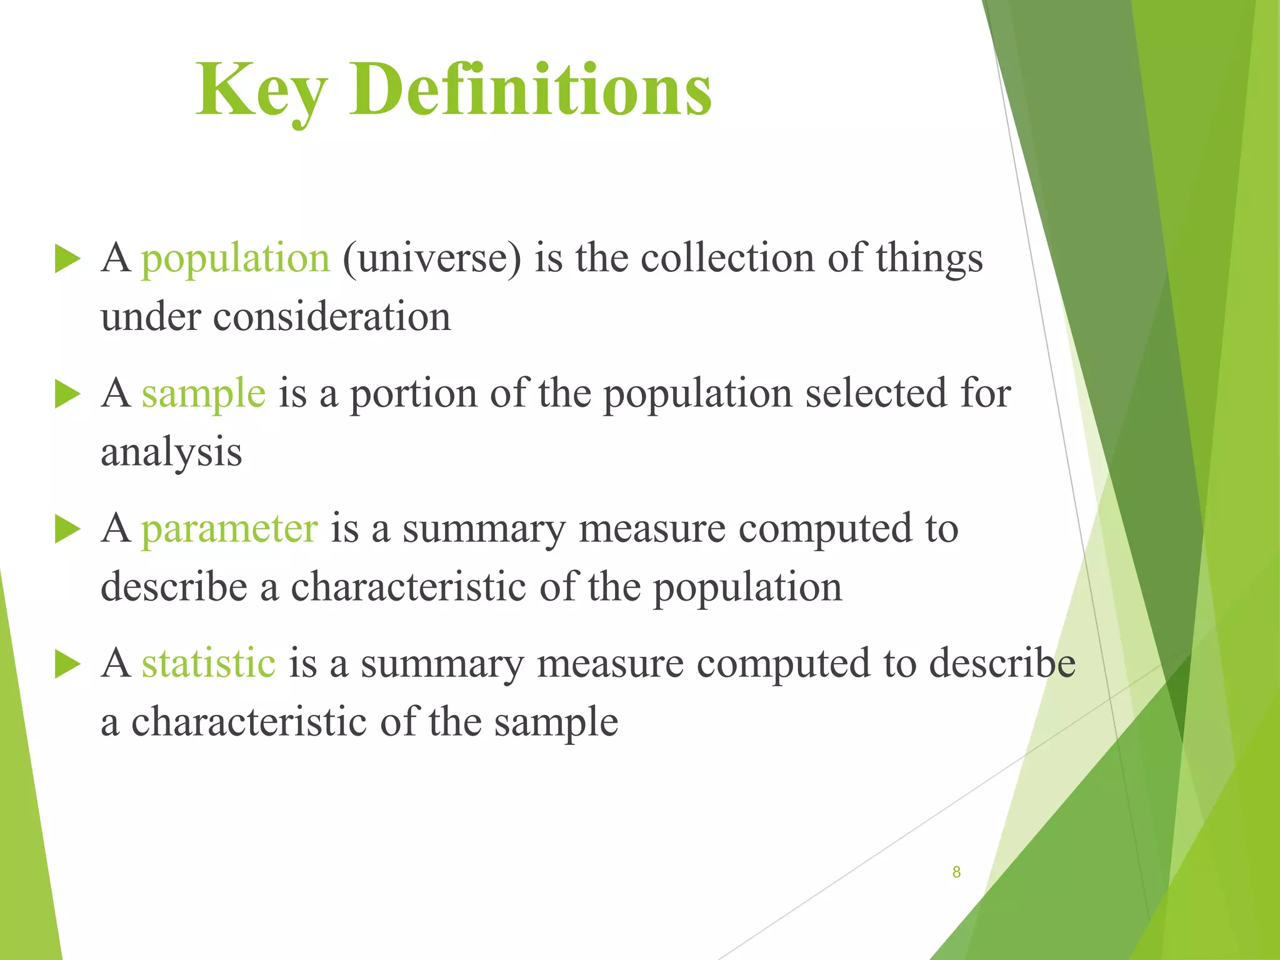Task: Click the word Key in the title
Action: click(x=261, y=91)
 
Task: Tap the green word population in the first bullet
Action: click(x=235, y=259)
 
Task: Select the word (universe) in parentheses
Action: click(x=431, y=259)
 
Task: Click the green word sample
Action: click(x=203, y=394)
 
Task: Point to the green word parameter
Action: click(x=229, y=529)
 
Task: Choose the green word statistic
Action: click(x=208, y=664)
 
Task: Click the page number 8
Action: click(x=956, y=872)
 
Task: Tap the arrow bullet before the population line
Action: click(x=67, y=259)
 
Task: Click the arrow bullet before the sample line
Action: click(x=67, y=394)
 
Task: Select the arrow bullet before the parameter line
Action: click(x=67, y=529)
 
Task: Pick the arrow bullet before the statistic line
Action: click(x=67, y=664)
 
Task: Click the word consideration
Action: click(x=331, y=317)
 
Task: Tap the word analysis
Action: click(x=171, y=452)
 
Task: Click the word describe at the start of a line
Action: click(x=174, y=587)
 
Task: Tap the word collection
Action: click(x=727, y=259)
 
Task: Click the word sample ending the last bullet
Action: click(x=556, y=722)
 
